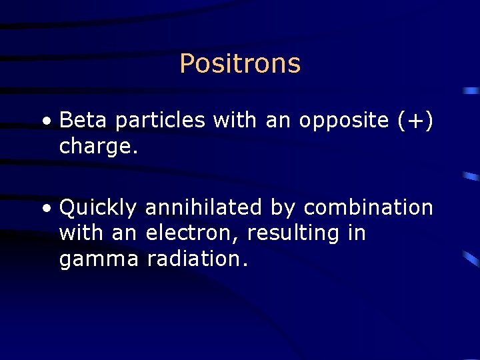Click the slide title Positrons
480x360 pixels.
(240, 64)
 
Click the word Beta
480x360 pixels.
(85, 121)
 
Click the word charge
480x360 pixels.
(98, 147)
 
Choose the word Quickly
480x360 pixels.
(97, 209)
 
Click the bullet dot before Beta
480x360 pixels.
(45, 122)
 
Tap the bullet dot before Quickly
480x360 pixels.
(45, 209)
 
